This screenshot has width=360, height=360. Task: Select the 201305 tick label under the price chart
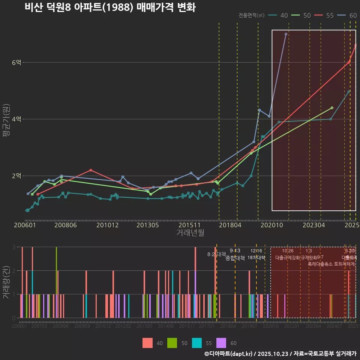point(147,225)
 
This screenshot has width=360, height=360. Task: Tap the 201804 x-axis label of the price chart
point(229,225)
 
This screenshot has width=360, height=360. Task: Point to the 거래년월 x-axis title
point(190,233)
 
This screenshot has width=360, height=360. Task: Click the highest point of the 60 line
point(286,34)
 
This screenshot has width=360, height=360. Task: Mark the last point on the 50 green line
point(332,108)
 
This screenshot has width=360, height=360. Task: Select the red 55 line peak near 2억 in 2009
point(91,170)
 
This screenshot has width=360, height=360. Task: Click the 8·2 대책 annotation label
point(214,254)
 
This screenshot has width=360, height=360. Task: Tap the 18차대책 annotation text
point(256,258)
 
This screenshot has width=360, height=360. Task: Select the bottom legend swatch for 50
point(172,343)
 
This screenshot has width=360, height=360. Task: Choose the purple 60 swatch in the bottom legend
point(222,343)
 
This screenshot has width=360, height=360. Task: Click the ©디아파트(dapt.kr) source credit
point(229,354)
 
